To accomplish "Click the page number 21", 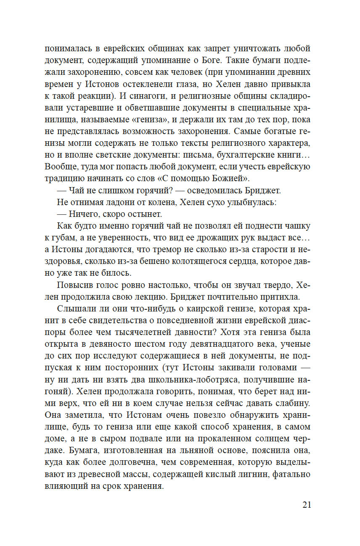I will (x=307, y=505).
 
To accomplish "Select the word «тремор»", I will (x=159, y=250).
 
